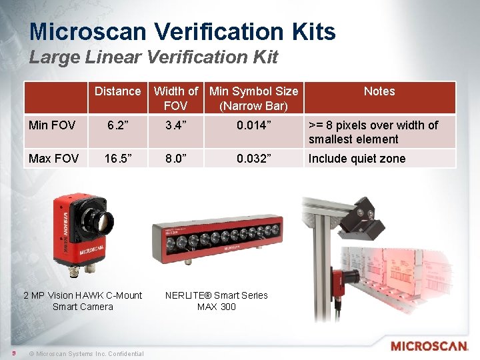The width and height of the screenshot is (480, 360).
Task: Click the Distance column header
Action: tap(117, 91)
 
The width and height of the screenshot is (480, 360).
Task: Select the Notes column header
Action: tap(379, 91)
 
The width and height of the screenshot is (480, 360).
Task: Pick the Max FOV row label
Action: tap(54, 159)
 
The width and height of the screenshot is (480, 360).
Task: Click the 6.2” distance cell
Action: tap(117, 125)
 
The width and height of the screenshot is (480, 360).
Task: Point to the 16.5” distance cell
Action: tap(117, 159)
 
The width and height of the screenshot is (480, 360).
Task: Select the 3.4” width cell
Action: tap(175, 125)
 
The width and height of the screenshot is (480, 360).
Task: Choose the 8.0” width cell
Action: tap(175, 159)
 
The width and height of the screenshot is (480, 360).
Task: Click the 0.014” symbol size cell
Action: tap(253, 125)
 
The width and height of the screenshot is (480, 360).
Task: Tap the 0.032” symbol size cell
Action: tap(253, 159)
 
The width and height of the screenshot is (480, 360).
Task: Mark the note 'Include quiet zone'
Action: tap(357, 159)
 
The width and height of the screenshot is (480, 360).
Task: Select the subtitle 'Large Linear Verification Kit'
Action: tap(153, 57)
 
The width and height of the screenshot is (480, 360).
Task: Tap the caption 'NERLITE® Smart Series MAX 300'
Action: tap(217, 301)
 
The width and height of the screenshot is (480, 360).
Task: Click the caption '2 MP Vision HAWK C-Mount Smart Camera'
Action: tap(83, 301)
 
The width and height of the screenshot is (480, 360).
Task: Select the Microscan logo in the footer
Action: tap(429, 346)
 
